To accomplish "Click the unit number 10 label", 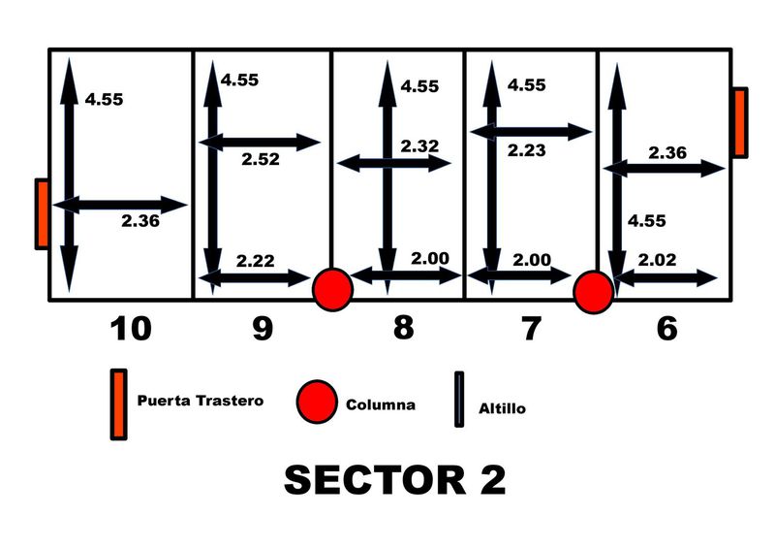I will (x=131, y=330).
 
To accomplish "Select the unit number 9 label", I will (x=262, y=330).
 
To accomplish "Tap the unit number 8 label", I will (x=403, y=328).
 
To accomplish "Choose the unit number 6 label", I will (x=666, y=330).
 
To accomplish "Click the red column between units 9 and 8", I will (x=332, y=289).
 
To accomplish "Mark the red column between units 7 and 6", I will (x=593, y=291).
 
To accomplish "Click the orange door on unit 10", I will (x=42, y=213).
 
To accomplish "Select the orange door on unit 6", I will (x=739, y=122).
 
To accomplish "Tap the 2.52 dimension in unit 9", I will (x=262, y=158).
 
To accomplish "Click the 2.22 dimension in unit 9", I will (x=255, y=261).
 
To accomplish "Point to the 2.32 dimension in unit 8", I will (x=419, y=146).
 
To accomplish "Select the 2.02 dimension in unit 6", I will (x=658, y=260).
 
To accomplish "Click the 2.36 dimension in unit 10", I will (x=140, y=221).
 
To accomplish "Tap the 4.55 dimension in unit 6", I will (x=647, y=221).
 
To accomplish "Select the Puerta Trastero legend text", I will (x=200, y=400).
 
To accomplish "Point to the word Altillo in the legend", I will (x=503, y=408).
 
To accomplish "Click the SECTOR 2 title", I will (x=394, y=480).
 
